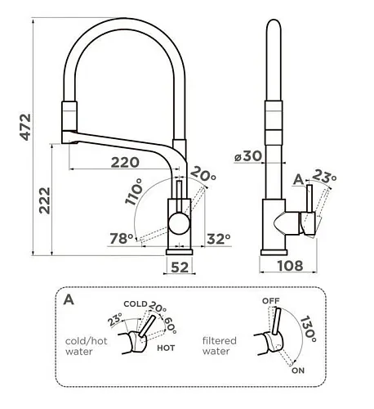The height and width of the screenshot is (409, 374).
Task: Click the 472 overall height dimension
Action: click(x=26, y=127)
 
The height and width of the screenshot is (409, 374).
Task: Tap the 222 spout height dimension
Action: click(x=45, y=200)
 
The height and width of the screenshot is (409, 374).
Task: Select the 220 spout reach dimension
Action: click(x=125, y=163)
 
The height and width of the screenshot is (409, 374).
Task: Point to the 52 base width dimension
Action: click(x=180, y=267)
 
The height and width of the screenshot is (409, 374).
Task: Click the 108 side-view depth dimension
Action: click(x=290, y=266)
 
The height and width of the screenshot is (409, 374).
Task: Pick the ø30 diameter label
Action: click(x=248, y=156)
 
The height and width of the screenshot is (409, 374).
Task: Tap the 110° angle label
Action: click(x=134, y=191)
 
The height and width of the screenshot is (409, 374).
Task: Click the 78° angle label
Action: click(x=122, y=239)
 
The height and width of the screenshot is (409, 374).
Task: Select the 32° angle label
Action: click(x=219, y=239)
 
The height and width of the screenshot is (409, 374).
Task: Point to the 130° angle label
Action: click(x=309, y=329)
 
